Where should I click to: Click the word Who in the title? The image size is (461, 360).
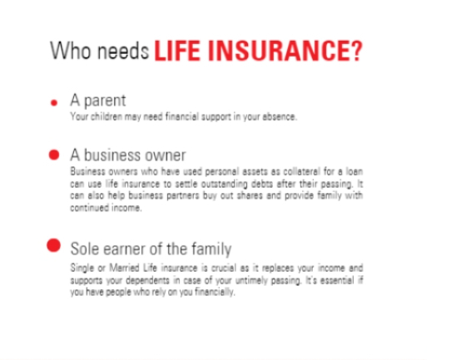click(70, 51)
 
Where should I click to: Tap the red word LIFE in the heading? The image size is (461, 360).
click(177, 51)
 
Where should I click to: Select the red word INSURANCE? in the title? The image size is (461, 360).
click(285, 51)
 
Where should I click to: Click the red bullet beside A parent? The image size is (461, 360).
click(54, 103)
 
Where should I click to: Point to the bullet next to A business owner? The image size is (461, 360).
click(54, 155)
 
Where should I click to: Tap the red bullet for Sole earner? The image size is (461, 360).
click(54, 245)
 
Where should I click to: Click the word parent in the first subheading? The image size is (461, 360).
click(105, 101)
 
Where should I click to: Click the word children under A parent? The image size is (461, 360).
click(107, 116)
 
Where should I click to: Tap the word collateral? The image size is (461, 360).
click(301, 171)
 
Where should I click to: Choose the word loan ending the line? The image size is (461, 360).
click(354, 171)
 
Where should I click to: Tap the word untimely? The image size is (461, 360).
click(251, 281)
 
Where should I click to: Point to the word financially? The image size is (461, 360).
click(215, 292)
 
